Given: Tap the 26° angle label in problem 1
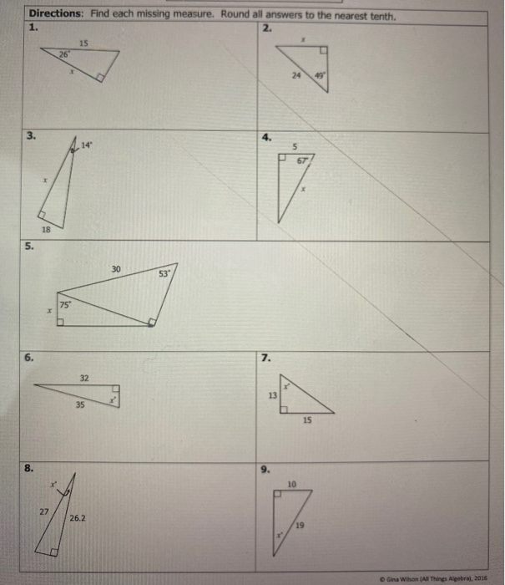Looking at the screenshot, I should [63, 54].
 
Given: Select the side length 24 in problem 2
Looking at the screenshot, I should [295, 76].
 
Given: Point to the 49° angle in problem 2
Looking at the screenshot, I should [318, 76].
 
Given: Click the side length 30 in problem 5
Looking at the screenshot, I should [116, 268].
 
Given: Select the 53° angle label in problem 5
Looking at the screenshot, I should [165, 273].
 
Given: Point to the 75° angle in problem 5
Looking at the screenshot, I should [66, 305].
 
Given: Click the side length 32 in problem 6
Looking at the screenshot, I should [84, 379].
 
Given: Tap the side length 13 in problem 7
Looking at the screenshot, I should [271, 395].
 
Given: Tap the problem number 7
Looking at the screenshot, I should [265, 358].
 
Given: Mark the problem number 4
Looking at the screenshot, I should [265, 136].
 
